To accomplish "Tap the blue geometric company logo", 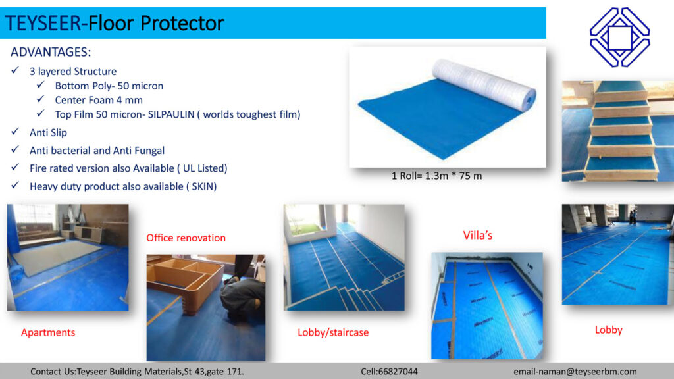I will (x=619, y=37).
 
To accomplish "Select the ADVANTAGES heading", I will (x=51, y=52).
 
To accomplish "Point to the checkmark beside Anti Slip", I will (x=15, y=133).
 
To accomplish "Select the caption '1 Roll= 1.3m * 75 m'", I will (x=436, y=176).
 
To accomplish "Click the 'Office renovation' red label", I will (x=186, y=238).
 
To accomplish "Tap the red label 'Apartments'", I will (x=48, y=332).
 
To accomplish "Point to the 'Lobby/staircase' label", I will (x=333, y=332).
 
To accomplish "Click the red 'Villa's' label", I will (x=478, y=235).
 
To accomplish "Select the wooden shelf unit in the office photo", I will (x=184, y=280).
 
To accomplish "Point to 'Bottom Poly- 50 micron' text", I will (x=109, y=86).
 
